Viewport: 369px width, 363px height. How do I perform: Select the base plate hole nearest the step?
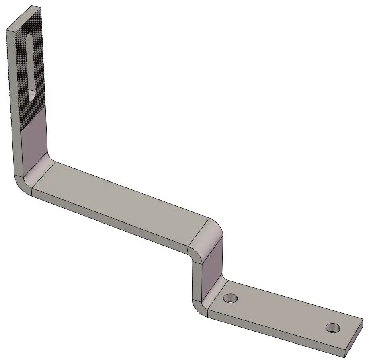tap(231, 298)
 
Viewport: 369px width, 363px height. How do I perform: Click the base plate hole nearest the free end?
tap(333, 328)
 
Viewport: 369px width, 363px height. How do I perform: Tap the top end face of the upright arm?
tap(24, 18)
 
